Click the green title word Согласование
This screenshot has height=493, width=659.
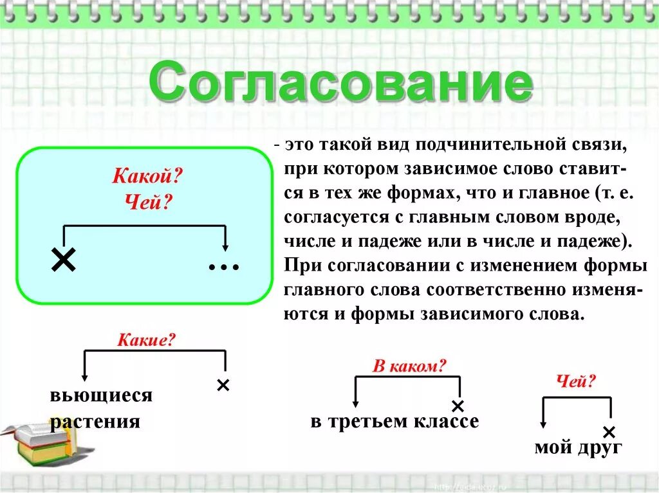(x=341, y=82)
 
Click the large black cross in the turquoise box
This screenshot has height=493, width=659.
(x=63, y=260)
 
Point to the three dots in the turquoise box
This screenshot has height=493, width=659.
(x=224, y=266)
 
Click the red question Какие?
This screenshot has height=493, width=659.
(x=146, y=340)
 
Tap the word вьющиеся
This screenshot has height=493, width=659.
(x=101, y=395)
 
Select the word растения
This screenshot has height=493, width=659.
(x=95, y=422)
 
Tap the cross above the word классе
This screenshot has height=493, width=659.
(x=458, y=406)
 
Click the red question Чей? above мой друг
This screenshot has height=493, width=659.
(x=576, y=382)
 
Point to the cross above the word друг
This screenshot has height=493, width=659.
(x=609, y=431)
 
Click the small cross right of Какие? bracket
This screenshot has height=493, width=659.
(x=223, y=385)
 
